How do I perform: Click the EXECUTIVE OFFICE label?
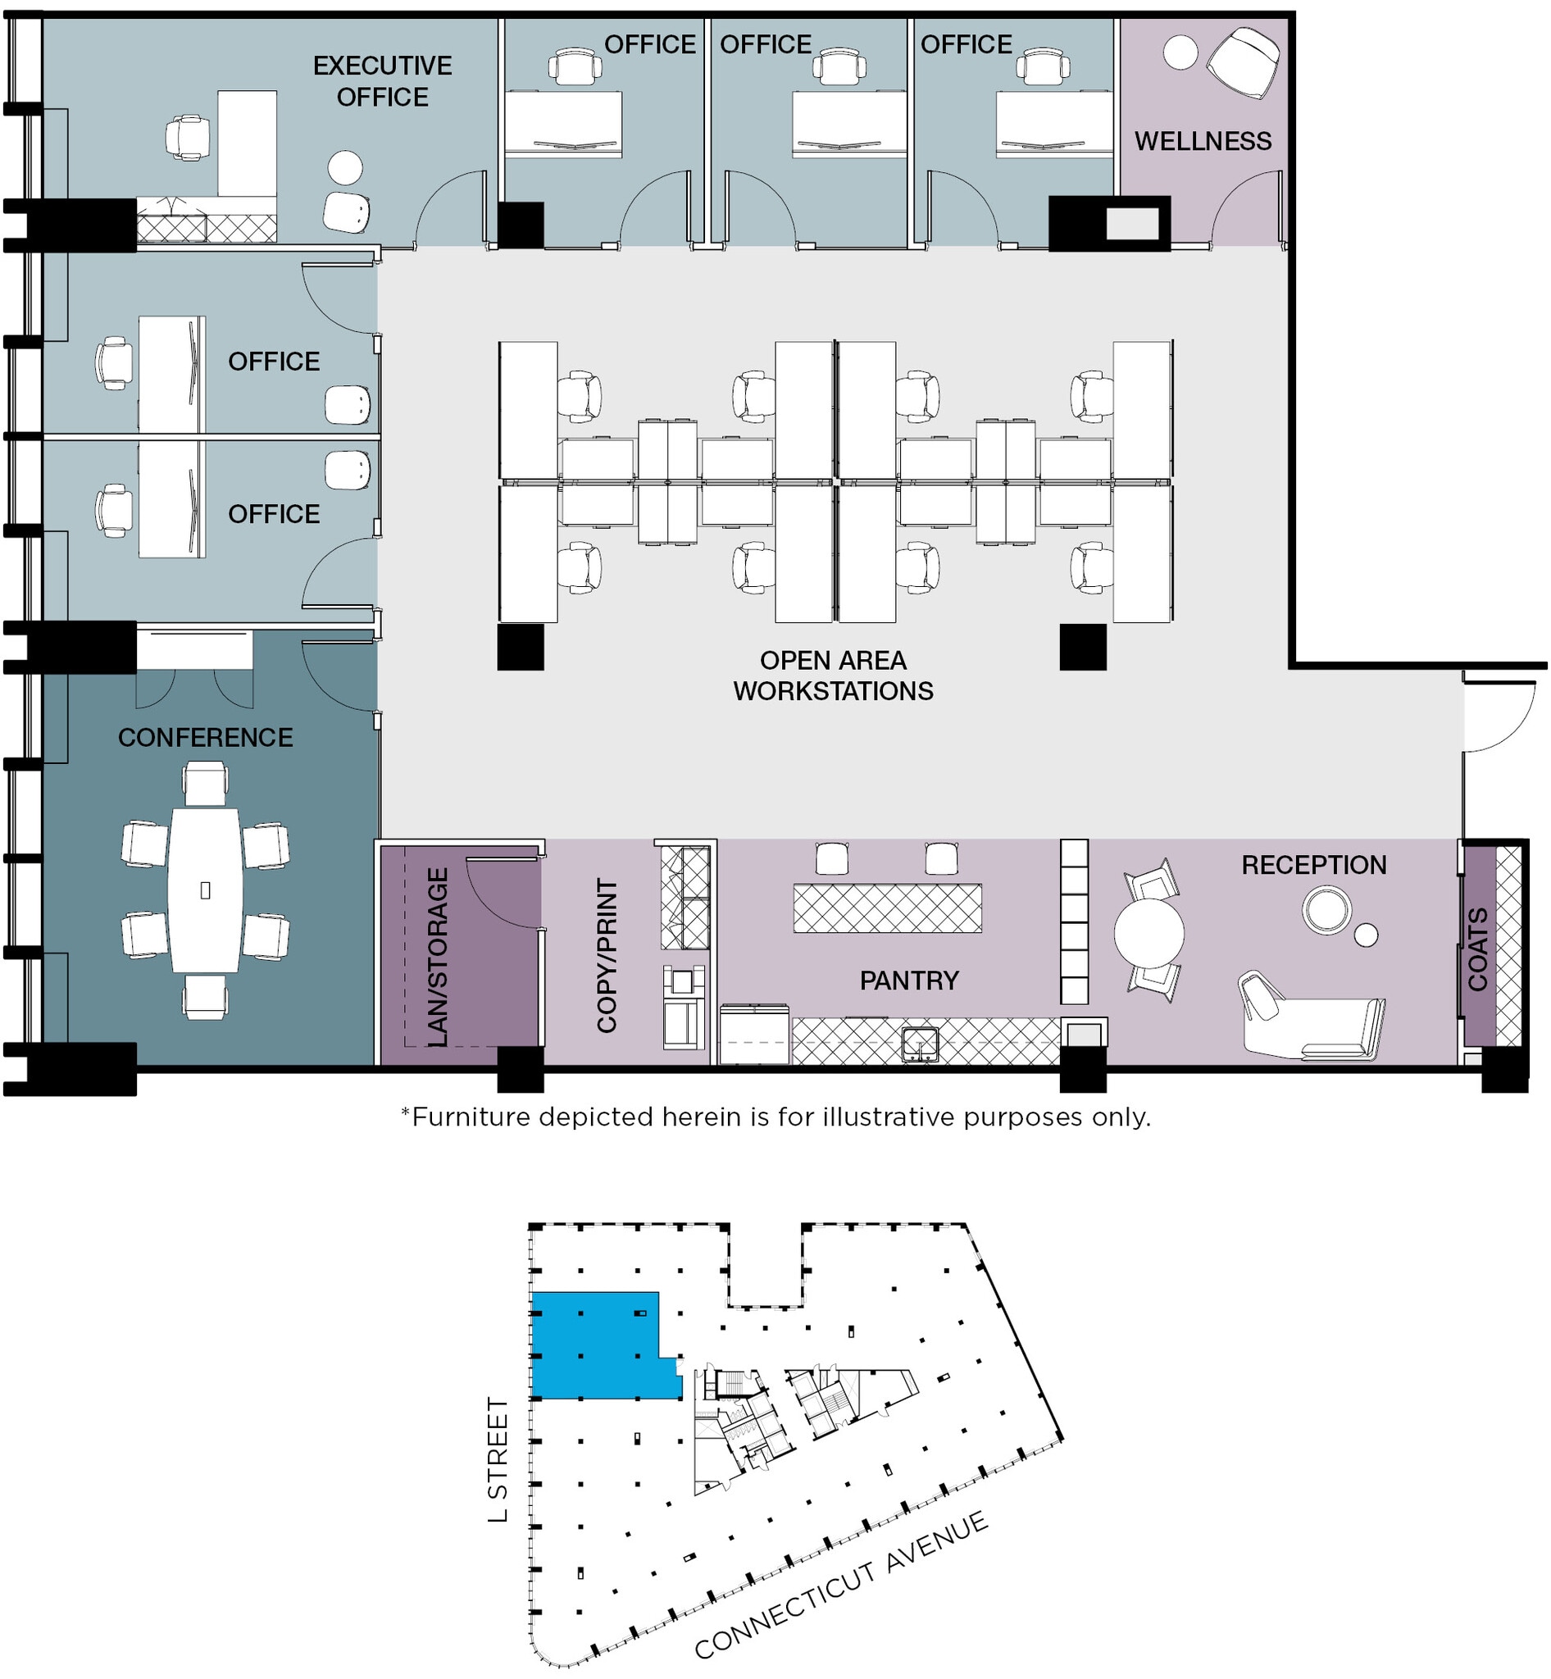(382, 80)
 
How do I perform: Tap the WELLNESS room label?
(1203, 141)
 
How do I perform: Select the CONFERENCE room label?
(205, 737)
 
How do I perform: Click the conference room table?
(205, 890)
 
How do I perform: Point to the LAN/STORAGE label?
(437, 956)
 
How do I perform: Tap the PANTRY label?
(909, 980)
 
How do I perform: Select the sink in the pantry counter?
(920, 1044)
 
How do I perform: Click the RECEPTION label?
(1313, 865)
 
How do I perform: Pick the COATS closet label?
(1477, 949)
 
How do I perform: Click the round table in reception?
(1148, 933)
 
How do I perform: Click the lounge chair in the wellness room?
(1244, 62)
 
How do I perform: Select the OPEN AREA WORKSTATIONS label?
(833, 675)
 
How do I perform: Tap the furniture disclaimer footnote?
(775, 1117)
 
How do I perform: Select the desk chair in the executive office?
(187, 137)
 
